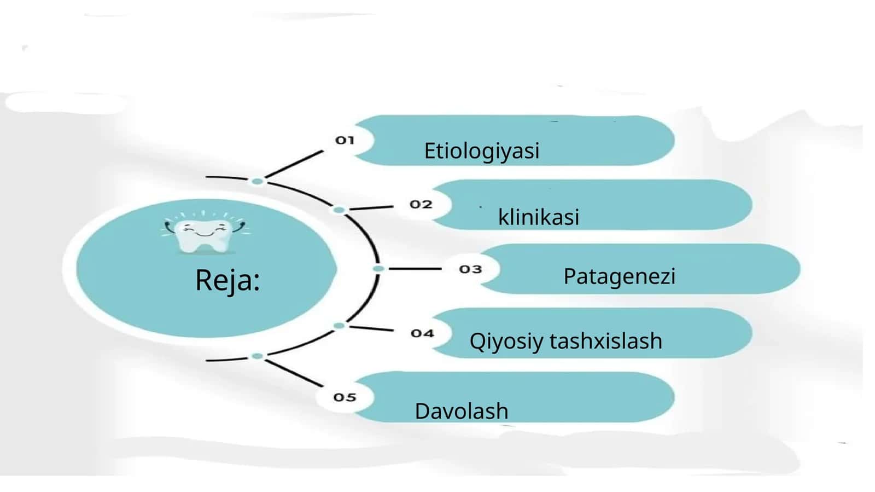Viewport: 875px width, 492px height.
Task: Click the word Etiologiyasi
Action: (482, 152)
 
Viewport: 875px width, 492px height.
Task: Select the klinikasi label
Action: (539, 217)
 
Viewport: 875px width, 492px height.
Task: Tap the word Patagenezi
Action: (620, 276)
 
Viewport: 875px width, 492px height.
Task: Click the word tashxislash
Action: (606, 340)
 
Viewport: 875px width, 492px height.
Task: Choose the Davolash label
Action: (462, 410)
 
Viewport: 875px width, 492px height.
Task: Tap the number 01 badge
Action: (345, 140)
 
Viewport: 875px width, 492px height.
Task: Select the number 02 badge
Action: (421, 204)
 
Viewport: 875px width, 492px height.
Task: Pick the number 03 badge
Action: (470, 269)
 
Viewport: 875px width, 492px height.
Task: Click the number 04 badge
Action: (422, 333)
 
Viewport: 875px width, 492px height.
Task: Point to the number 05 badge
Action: (345, 397)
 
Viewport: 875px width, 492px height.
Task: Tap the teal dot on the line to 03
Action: (378, 269)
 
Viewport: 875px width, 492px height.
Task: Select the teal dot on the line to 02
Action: (339, 210)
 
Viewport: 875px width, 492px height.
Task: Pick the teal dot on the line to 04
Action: (339, 326)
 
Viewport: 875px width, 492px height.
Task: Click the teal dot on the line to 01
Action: (257, 181)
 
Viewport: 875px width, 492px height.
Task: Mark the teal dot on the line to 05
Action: (257, 356)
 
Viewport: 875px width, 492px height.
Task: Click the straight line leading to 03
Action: (415, 269)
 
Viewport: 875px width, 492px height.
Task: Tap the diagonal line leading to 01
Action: (294, 164)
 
